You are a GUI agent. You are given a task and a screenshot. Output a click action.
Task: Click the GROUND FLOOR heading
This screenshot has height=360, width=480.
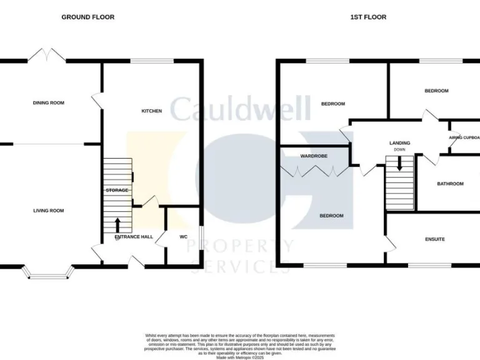point(87,17)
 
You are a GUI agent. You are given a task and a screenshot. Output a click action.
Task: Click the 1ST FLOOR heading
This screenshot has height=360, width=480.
point(367,17)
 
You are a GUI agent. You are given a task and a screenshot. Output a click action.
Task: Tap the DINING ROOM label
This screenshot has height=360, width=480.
point(49,103)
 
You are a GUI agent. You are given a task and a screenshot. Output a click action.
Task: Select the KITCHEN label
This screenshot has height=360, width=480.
point(152,111)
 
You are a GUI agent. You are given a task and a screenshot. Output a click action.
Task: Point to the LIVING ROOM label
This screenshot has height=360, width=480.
point(49,211)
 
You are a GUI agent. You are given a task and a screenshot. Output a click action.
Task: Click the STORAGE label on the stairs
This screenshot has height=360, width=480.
point(117,190)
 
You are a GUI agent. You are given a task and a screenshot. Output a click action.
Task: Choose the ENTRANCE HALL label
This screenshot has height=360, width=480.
point(134,237)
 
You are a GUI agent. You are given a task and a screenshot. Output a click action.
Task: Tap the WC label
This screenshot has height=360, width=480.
point(184,237)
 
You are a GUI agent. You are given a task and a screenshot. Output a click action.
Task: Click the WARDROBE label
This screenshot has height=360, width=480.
point(314,156)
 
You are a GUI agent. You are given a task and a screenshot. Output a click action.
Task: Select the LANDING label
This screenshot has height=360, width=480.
point(400,143)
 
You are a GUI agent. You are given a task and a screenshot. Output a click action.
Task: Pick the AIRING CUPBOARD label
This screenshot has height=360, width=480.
point(464,138)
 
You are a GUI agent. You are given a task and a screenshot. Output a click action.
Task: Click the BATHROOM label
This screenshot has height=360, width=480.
point(450,184)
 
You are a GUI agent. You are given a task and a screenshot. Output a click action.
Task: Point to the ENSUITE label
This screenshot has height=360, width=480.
point(435,239)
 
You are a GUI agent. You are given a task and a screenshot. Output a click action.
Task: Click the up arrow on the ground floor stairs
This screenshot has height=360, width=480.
point(118,224)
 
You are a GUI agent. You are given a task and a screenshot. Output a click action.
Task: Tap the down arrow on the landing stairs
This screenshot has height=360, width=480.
point(399,164)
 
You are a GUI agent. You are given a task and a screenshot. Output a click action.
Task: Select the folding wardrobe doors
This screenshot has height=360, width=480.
point(314,171)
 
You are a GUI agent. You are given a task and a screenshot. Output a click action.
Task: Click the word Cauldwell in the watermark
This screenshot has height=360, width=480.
point(240,109)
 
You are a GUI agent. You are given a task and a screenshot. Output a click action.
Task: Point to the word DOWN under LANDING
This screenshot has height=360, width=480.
point(399,150)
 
